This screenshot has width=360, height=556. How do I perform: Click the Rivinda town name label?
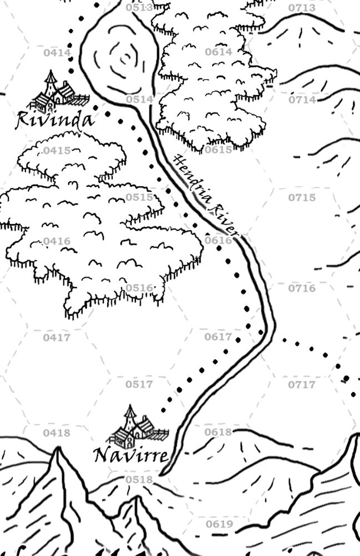(55, 119)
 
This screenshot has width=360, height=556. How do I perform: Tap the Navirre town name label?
(131, 456)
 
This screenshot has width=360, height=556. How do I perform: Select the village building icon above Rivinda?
(58, 92)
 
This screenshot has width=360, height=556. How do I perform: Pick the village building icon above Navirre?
(137, 428)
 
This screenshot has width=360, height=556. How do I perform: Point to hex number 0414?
(57, 53)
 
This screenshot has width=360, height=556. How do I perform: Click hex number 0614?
(218, 52)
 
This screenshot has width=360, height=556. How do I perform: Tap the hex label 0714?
(302, 100)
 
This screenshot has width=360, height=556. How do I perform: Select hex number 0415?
(57, 151)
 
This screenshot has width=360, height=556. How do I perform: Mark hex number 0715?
(302, 197)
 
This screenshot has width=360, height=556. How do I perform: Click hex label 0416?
(57, 241)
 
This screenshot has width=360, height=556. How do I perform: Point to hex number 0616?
(218, 240)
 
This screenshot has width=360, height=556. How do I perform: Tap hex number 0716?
(302, 288)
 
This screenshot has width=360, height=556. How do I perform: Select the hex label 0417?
(57, 337)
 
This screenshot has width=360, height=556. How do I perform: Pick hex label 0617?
(218, 337)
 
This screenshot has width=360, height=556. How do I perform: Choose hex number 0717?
(302, 384)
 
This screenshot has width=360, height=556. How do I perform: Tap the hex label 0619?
(219, 524)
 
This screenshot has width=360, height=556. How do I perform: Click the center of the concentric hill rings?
(124, 56)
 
